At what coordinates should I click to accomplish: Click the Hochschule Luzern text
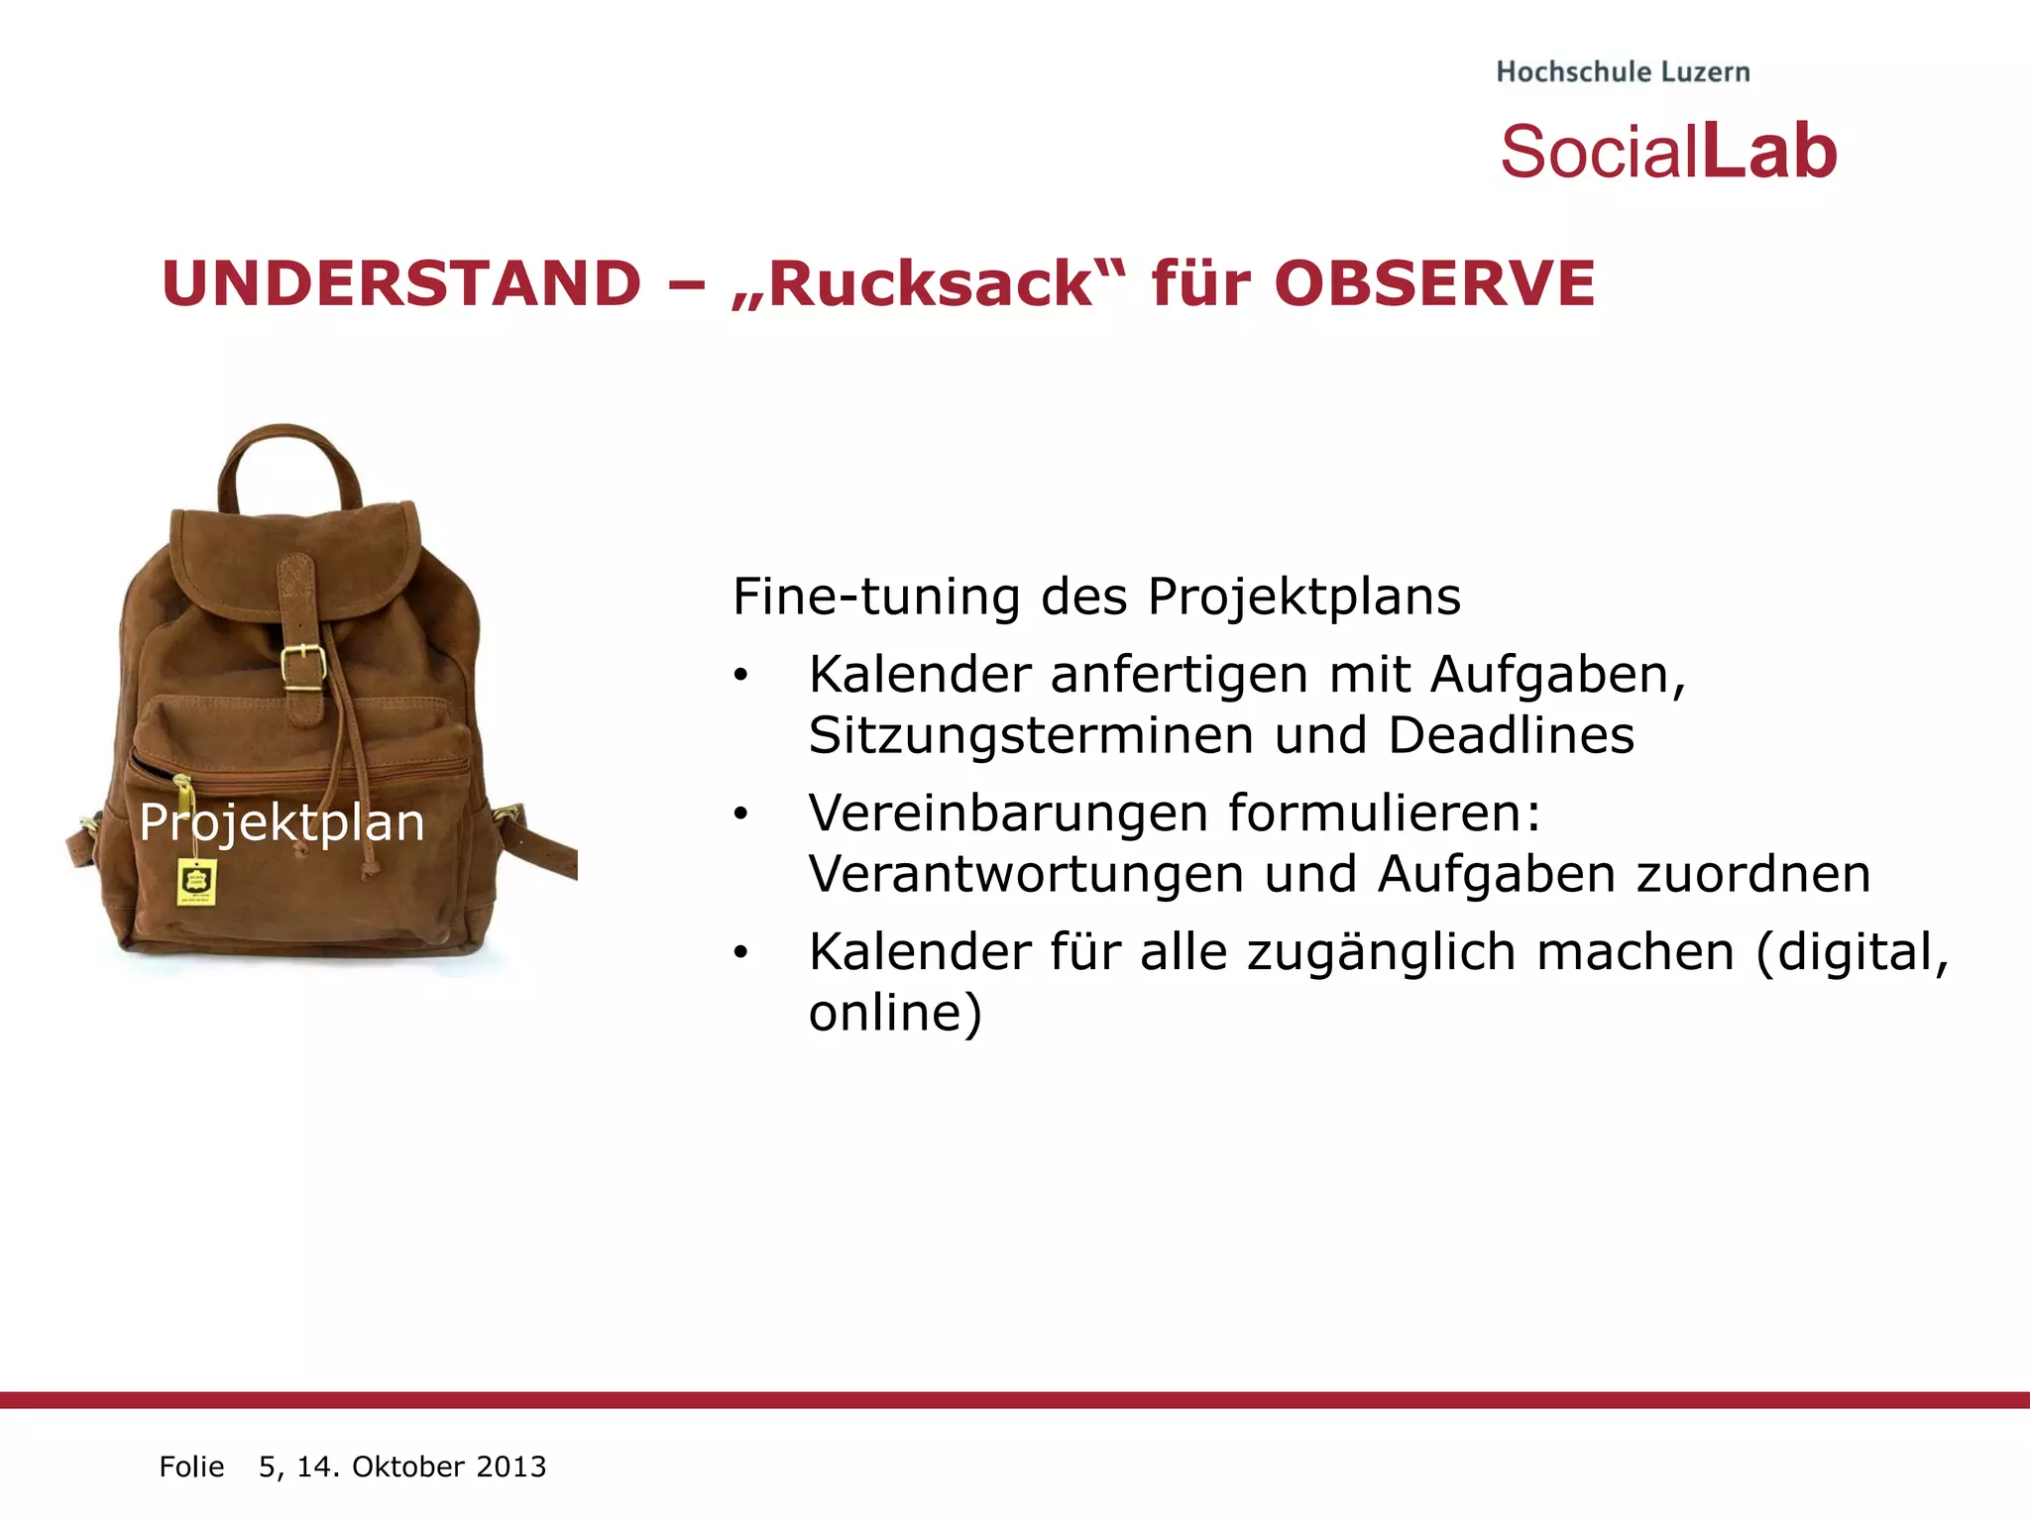1623,72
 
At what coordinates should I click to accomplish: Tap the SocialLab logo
1668,152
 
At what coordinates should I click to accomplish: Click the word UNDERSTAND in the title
401,283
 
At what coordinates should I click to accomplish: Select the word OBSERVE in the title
1434,283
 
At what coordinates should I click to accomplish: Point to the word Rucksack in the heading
929,284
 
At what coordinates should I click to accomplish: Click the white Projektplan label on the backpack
282,822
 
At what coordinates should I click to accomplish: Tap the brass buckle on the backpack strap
302,667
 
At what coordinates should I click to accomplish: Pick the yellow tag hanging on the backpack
196,882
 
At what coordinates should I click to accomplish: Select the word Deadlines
1511,735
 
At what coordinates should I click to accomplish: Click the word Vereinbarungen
1009,814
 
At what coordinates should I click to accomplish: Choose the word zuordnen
1752,874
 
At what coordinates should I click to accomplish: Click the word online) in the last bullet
895,1013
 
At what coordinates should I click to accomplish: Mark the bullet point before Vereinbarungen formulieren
740,815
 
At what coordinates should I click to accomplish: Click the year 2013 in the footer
510,1467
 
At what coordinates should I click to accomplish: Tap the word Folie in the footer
191,1467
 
